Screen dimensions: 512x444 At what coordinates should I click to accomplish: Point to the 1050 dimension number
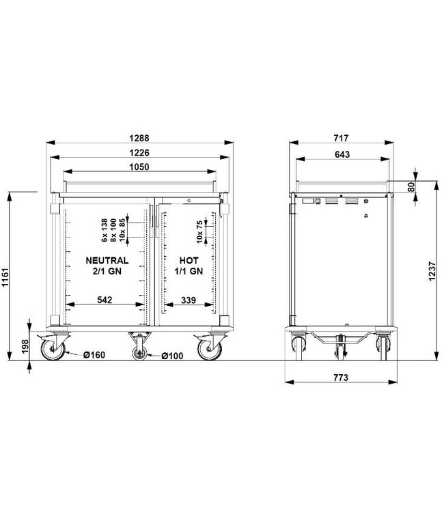click(139, 167)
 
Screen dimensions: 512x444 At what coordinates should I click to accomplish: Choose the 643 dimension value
click(342, 154)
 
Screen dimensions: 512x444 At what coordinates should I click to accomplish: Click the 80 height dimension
click(411, 187)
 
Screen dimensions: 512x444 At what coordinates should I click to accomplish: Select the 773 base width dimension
click(340, 378)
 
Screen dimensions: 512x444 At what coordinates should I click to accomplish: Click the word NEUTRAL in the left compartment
click(107, 260)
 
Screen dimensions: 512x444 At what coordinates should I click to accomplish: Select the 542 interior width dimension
click(106, 299)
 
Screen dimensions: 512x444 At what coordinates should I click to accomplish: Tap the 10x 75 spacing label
click(199, 232)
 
